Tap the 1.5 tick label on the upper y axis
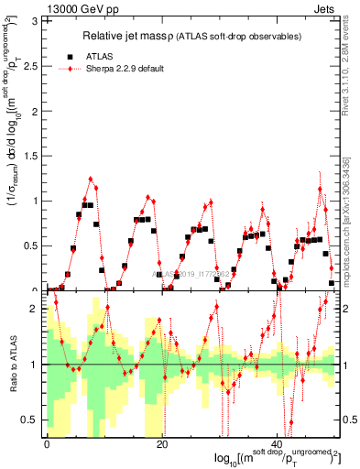point(34,155)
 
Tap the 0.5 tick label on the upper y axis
point(34,245)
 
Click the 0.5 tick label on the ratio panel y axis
point(34,420)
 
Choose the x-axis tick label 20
point(162,444)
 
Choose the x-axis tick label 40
point(278,444)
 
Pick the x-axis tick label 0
point(47,444)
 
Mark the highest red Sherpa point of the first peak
point(91,179)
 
